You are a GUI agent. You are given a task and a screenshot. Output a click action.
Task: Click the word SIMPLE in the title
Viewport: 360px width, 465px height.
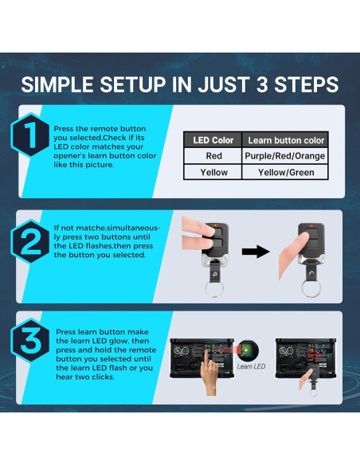pos(57,85)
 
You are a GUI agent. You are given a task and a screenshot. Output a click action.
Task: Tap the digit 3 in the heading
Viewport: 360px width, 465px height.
pos(262,85)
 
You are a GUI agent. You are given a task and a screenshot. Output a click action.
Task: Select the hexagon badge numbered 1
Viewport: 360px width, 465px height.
pos(30,135)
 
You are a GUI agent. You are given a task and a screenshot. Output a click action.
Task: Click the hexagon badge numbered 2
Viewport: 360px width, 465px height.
pos(30,241)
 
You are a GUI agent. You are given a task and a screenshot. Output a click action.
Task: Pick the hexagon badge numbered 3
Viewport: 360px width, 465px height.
pos(30,341)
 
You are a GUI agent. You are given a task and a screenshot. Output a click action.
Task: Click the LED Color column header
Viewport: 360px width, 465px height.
pos(213,140)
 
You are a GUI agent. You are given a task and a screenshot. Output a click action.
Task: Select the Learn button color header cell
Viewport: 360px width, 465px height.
pos(286,140)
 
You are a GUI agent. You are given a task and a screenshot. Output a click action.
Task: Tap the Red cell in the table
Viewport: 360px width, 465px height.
pos(213,156)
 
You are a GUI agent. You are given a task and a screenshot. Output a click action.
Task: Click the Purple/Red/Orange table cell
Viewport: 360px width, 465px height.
pos(285,156)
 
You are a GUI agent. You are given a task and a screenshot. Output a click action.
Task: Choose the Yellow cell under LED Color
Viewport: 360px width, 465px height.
pos(213,172)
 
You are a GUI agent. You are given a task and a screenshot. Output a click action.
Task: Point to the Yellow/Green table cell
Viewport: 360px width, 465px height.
pos(286,172)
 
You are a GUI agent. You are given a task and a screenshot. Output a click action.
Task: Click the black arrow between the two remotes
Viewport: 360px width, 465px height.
pos(256,252)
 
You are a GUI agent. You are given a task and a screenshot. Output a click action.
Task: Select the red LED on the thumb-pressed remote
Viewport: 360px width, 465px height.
pos(311,226)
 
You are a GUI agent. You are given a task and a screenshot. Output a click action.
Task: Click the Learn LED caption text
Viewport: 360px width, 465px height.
pos(251,366)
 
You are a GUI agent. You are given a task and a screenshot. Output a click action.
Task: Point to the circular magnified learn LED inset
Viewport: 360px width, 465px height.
pos(248,351)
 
